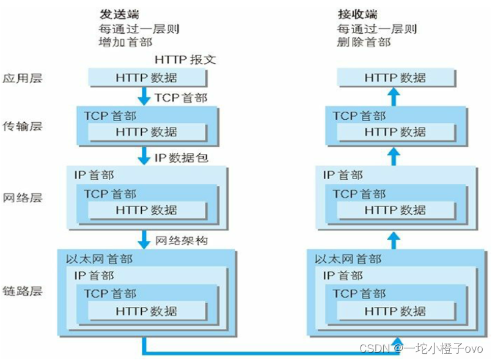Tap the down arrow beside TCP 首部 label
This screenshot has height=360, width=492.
(x=144, y=95)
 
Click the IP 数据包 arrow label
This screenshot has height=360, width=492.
(x=181, y=158)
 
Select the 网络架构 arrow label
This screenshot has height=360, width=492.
(x=182, y=240)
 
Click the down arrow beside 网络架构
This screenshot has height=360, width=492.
(x=144, y=239)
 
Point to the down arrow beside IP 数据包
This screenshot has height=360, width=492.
(x=144, y=156)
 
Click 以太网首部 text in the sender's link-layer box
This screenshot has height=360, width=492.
(x=99, y=259)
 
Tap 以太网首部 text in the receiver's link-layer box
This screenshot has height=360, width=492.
(x=348, y=259)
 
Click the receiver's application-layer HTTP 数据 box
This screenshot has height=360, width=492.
(x=395, y=78)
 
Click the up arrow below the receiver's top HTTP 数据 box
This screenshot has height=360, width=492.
(x=394, y=96)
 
